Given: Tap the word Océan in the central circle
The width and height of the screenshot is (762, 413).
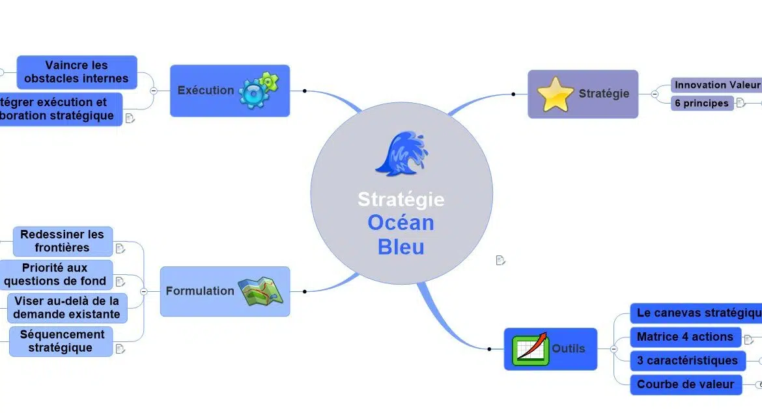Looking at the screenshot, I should (401, 223).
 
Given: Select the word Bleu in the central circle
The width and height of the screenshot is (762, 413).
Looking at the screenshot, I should (401, 248).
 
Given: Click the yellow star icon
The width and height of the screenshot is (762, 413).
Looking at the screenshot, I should (555, 94).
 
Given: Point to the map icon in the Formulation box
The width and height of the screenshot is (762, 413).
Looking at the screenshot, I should (261, 292).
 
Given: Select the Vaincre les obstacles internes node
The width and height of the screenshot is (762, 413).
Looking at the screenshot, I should (77, 72).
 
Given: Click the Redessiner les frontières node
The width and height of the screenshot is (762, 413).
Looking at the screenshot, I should (63, 241).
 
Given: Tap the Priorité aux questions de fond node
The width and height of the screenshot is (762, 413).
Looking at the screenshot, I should (56, 274).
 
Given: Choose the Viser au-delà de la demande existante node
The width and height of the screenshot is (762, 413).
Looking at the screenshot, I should (66, 307).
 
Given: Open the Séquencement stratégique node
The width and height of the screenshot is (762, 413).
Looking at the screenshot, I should (61, 341).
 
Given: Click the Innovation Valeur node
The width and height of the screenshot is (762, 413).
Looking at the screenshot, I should (716, 85).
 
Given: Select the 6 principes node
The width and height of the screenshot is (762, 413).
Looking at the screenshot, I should (701, 103).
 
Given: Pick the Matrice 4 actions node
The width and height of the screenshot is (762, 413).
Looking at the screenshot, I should (685, 337).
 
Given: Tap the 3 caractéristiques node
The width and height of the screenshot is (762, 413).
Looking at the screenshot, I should (687, 361).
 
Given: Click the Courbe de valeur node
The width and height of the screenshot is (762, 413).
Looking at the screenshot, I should (685, 384).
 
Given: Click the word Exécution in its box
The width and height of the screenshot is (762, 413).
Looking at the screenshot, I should (205, 91).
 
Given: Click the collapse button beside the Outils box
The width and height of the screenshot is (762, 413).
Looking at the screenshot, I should (614, 349).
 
